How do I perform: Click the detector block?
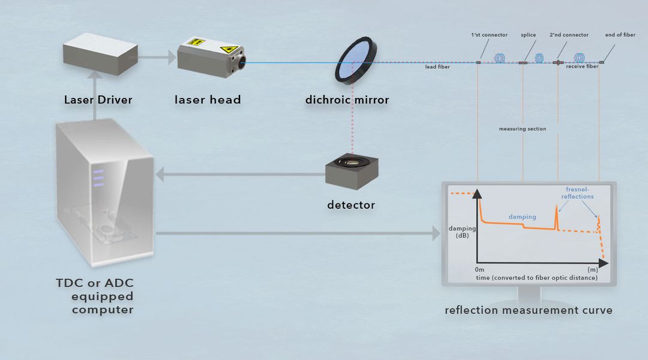coord(351,172)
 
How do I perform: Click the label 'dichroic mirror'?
coord(347,100)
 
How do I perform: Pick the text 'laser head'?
coord(208,100)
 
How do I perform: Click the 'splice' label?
coord(528,35)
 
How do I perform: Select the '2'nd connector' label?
coord(569,35)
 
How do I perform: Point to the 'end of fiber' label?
coord(620,35)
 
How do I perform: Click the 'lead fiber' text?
coord(437,67)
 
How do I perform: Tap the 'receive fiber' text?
coord(582,67)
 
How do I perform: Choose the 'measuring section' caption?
coord(522,129)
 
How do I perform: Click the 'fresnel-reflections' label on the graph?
coord(578,193)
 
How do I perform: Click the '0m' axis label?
coord(480,270)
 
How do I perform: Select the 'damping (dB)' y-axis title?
coord(462,232)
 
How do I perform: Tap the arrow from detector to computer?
coord(240,175)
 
